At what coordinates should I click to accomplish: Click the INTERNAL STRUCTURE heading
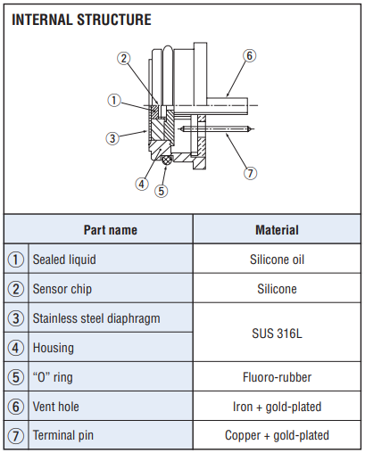coord(81,20)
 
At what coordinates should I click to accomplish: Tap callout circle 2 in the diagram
coord(123,58)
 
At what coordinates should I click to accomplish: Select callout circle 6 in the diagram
coord(249,55)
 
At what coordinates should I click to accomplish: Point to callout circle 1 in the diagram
coord(114,100)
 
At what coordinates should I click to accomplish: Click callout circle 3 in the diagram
coord(112,138)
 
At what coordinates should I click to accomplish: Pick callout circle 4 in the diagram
coord(142,184)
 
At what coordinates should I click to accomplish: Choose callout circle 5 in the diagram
coord(161,191)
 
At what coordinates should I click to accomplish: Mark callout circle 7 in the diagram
coord(250,173)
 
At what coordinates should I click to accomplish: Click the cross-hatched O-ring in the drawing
coord(167,161)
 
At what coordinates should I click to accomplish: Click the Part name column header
coord(111,230)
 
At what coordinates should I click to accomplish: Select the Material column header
coord(277,230)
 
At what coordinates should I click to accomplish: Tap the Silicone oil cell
coord(277,259)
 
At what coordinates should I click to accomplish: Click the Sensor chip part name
coord(62,289)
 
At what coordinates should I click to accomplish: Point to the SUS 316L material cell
coord(277,334)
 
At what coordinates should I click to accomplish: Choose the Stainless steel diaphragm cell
coord(96,318)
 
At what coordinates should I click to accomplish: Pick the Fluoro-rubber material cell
coord(277,377)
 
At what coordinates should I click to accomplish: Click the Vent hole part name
coord(56,407)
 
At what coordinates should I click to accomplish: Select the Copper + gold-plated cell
coord(277,435)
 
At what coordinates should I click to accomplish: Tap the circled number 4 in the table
coord(15,348)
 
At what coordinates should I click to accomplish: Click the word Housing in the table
coord(54,348)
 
